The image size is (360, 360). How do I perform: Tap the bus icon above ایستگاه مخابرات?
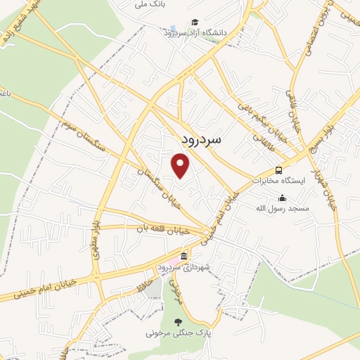click(279, 169)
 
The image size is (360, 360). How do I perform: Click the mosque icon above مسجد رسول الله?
click(283, 198)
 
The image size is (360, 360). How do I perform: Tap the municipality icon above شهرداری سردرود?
click(184, 256)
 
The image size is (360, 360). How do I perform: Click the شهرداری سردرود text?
click(184, 267)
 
